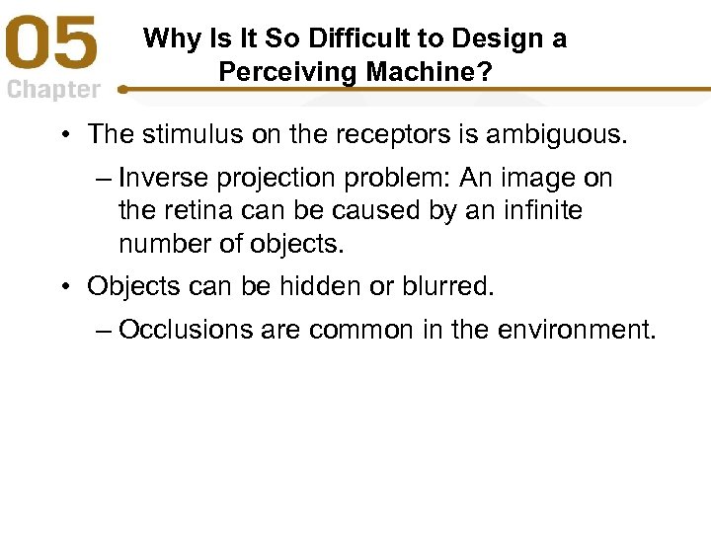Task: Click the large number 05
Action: [x=53, y=47]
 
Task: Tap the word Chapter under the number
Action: [x=53, y=90]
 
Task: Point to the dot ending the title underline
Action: [x=121, y=90]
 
